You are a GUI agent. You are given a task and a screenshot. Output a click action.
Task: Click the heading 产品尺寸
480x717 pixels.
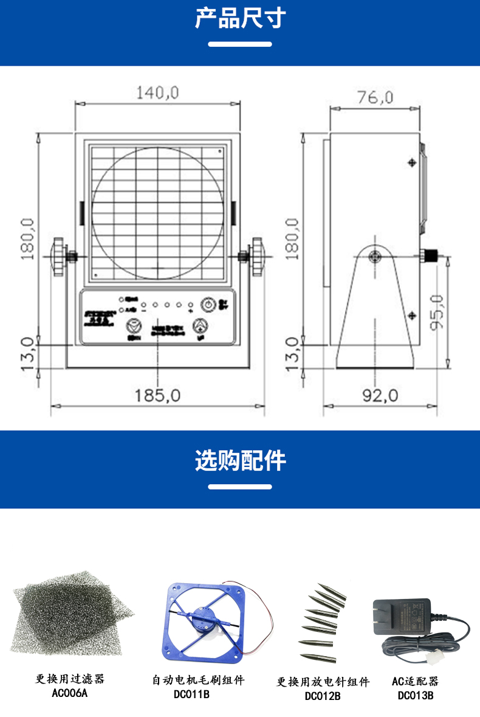tap(240, 19)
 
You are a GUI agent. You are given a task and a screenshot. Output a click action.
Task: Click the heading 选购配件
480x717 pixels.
tap(240, 461)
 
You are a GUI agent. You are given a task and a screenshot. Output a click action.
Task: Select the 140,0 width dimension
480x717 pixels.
tap(157, 92)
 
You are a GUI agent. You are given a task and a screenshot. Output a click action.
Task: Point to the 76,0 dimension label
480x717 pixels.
tap(375, 97)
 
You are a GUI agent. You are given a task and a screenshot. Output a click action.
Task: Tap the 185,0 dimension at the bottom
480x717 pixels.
tap(157, 395)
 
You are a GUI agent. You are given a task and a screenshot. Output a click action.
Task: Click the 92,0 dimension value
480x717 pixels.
tap(380, 395)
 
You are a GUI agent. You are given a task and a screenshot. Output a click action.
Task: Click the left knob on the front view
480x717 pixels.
tap(58, 257)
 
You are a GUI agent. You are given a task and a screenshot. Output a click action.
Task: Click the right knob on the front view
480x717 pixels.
tap(258, 257)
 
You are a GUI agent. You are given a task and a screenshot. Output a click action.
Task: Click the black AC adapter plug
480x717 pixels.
tap(402, 617)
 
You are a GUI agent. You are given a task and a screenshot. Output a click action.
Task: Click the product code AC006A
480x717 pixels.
tap(70, 693)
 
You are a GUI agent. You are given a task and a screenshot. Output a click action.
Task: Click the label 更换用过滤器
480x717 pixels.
tap(70, 679)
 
